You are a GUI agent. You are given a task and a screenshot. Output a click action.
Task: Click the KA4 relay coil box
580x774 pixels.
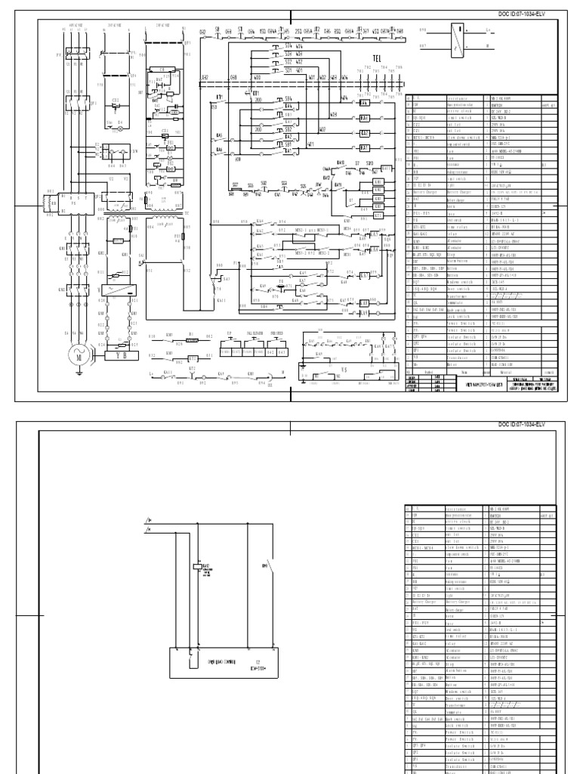[364, 103]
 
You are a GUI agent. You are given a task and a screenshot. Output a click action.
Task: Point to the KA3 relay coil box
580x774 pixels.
[364, 133]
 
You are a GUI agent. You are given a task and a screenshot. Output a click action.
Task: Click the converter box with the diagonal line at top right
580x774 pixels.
[456, 39]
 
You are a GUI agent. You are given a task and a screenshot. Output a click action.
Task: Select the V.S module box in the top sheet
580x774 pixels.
[344, 372]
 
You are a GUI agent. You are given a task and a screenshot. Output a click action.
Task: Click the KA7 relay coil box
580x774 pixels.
[364, 275]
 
